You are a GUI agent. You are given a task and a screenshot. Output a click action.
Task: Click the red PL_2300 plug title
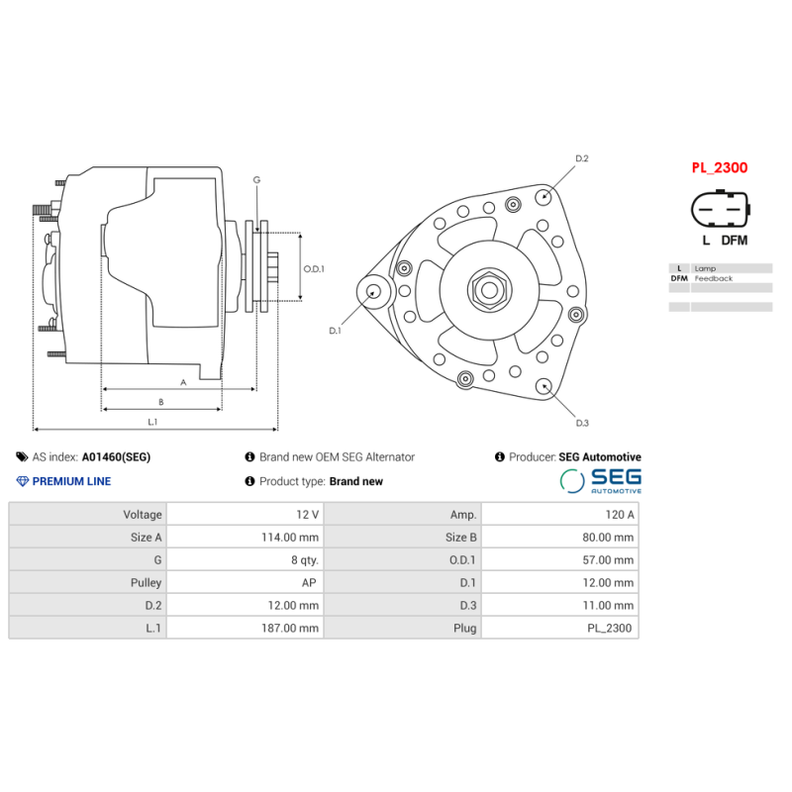click(719, 168)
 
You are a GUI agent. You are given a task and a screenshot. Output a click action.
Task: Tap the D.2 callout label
click(582, 158)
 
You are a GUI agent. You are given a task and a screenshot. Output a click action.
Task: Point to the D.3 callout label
click(582, 424)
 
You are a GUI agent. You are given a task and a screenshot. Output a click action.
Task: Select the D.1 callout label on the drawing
click(335, 331)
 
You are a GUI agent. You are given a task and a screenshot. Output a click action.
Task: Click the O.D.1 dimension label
click(314, 268)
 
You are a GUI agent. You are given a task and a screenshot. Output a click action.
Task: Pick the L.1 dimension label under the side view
click(152, 422)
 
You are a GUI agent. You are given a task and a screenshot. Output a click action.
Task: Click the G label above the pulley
click(256, 179)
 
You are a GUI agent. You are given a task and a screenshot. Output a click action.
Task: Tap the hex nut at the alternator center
click(488, 290)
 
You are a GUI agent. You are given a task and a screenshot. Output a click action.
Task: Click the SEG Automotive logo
click(600, 481)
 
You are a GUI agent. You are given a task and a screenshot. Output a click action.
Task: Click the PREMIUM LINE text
click(71, 482)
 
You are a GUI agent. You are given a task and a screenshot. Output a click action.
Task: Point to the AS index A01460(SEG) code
click(116, 457)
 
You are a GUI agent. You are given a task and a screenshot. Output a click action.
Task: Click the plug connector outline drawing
click(720, 211)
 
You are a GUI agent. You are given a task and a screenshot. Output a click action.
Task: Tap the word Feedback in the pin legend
click(714, 279)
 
